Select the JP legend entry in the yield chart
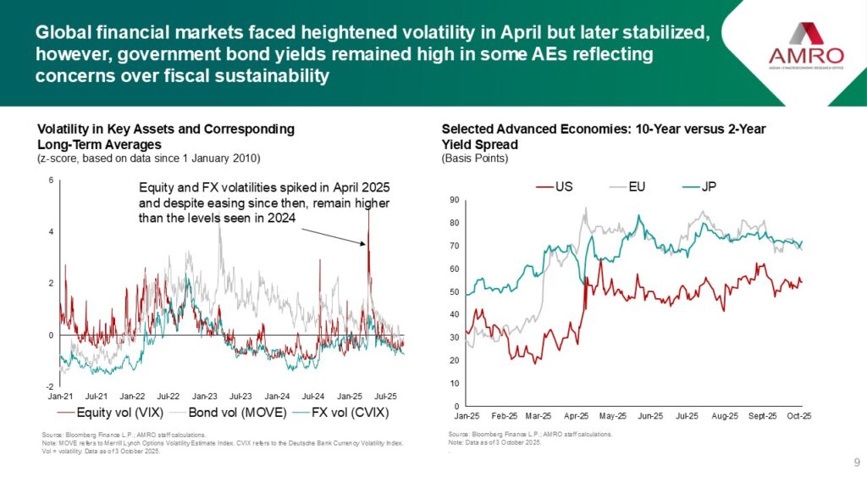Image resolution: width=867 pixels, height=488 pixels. pos(716,186)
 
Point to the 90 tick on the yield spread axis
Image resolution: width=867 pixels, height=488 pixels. pos(454,200)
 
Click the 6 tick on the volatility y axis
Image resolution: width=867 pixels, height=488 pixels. pos(52,180)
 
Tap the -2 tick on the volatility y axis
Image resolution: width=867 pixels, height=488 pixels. pos(50,386)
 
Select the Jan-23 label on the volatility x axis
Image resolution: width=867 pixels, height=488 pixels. pos(205,396)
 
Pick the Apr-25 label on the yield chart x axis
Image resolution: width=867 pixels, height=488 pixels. pos(577,416)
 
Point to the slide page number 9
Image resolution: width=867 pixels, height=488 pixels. pos(857,463)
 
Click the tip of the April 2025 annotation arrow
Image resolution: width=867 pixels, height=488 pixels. pos(367,245)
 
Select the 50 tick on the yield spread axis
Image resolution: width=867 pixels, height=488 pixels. pos(454,292)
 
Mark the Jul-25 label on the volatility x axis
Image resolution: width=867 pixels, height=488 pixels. pos(387,396)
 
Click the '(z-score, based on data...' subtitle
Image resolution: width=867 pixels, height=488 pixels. pos(149,158)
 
